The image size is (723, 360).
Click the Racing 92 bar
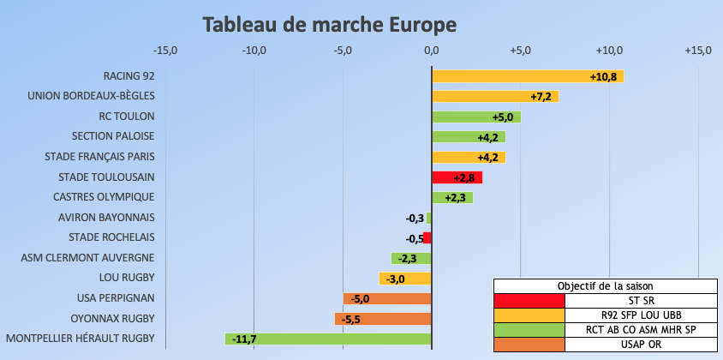(x=527, y=76)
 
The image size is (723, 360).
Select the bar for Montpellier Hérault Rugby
(x=328, y=339)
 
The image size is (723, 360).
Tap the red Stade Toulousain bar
(x=457, y=177)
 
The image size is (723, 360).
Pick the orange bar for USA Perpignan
(x=387, y=298)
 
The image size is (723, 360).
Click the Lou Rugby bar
(x=405, y=279)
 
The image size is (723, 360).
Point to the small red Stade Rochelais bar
(x=427, y=238)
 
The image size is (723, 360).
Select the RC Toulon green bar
(x=475, y=117)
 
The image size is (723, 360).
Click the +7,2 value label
(x=541, y=97)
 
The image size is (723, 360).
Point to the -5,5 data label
(x=350, y=319)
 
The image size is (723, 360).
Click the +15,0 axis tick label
(x=698, y=51)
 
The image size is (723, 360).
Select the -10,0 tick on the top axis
(x=254, y=51)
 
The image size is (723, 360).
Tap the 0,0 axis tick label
(x=432, y=51)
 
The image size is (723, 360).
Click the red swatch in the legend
(x=529, y=301)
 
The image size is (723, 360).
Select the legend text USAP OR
(x=640, y=345)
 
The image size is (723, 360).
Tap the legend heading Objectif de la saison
(x=605, y=286)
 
